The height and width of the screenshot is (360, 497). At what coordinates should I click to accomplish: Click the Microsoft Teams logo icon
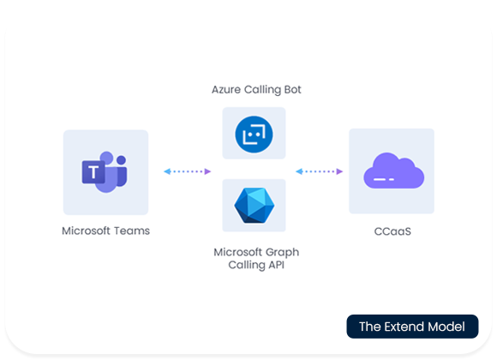click(105, 171)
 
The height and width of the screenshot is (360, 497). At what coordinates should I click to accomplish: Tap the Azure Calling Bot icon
click(254, 133)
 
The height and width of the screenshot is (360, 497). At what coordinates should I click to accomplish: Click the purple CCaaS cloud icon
click(391, 171)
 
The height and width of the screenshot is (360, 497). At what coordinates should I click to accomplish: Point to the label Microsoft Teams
click(105, 231)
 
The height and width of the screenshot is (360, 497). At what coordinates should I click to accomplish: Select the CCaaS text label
click(391, 231)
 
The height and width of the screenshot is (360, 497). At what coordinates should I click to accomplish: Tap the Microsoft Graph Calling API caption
click(254, 259)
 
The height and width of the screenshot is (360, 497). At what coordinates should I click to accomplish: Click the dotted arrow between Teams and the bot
click(187, 171)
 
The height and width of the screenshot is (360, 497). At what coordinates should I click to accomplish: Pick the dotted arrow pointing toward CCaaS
click(319, 171)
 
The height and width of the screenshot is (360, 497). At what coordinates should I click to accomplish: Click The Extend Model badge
click(411, 327)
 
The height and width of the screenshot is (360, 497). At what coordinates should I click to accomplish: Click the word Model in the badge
click(447, 327)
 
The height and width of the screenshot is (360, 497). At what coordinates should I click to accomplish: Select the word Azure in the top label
click(226, 89)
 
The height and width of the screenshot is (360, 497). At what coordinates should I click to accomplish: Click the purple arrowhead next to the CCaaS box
click(339, 171)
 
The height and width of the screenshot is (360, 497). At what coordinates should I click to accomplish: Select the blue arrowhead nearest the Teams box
click(167, 171)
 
